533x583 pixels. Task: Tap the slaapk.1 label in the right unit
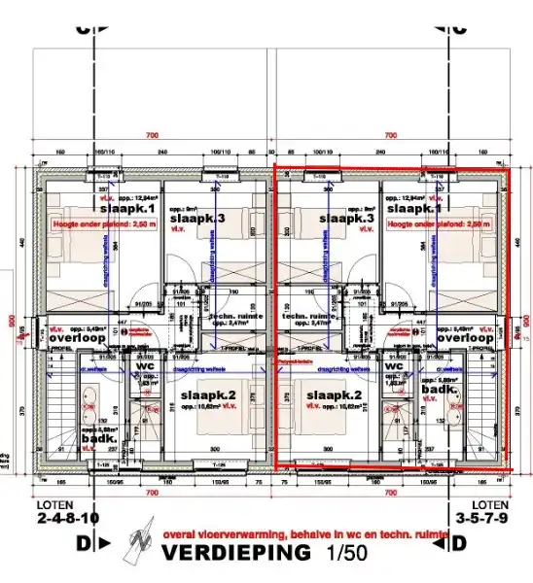(x=412, y=208)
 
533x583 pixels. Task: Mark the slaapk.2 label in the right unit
(x=335, y=395)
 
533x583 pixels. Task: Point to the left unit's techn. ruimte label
(x=233, y=317)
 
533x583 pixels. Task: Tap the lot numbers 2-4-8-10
(x=61, y=519)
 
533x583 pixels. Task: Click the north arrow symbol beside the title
(x=140, y=546)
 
